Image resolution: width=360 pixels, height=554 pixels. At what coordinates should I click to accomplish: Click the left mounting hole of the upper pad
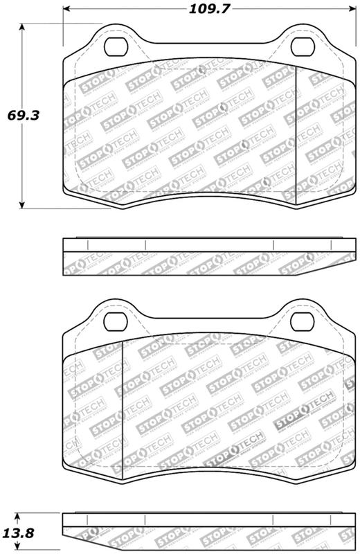(115, 47)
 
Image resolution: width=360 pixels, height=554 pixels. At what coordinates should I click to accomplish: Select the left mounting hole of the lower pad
(115, 322)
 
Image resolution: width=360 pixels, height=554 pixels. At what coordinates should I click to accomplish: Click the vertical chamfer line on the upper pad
(296, 138)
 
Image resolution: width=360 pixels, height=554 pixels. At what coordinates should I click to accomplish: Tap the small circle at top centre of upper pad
(201, 69)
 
